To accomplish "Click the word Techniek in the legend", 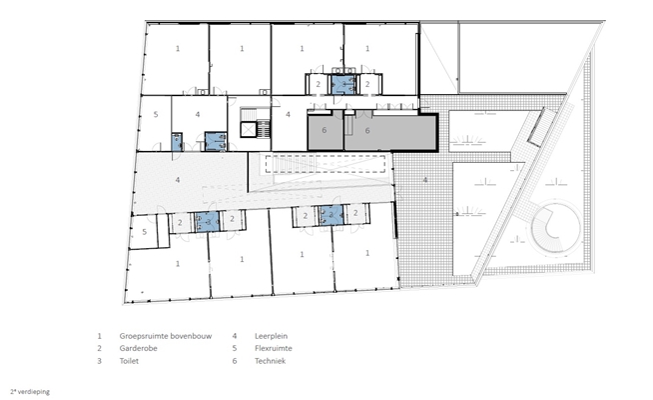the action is pos(270,361).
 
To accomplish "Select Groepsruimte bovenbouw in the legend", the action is pos(166,336).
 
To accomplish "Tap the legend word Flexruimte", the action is pos(274,348).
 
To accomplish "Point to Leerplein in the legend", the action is pos(271,336).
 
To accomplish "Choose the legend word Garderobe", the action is pos(138,348).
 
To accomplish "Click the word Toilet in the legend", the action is pos(129,361).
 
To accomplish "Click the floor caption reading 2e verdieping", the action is pos(30,392).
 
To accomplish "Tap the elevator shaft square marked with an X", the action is pos(248,130).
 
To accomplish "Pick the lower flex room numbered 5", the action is pos(144,232).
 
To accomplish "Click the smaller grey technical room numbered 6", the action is pos(326,131).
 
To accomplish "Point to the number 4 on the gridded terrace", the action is pos(424,180).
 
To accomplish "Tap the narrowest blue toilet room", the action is pos(177,142).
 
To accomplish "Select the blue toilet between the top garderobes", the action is pos(343,84).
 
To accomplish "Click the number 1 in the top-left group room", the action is pos(178,49).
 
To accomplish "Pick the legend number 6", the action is pos(235,361).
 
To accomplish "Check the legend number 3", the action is pos(99,361).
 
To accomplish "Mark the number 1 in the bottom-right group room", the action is pos(366,253).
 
